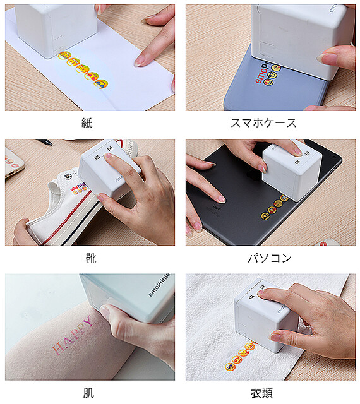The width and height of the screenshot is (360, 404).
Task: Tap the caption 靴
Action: click(x=91, y=258)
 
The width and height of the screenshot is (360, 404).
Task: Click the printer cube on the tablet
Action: click(x=291, y=170)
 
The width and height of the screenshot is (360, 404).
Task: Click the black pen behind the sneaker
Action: click(x=44, y=143)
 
